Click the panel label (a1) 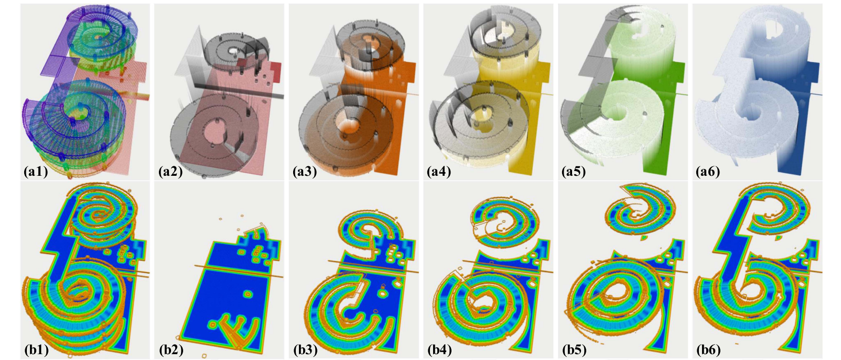[36, 172]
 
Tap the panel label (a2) [170, 172]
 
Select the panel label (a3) [305, 172]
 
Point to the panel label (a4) [439, 172]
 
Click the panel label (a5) [574, 172]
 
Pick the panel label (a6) [708, 172]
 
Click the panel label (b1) [36, 350]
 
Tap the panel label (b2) [171, 350]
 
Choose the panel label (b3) [306, 350]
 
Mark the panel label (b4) [439, 350]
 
